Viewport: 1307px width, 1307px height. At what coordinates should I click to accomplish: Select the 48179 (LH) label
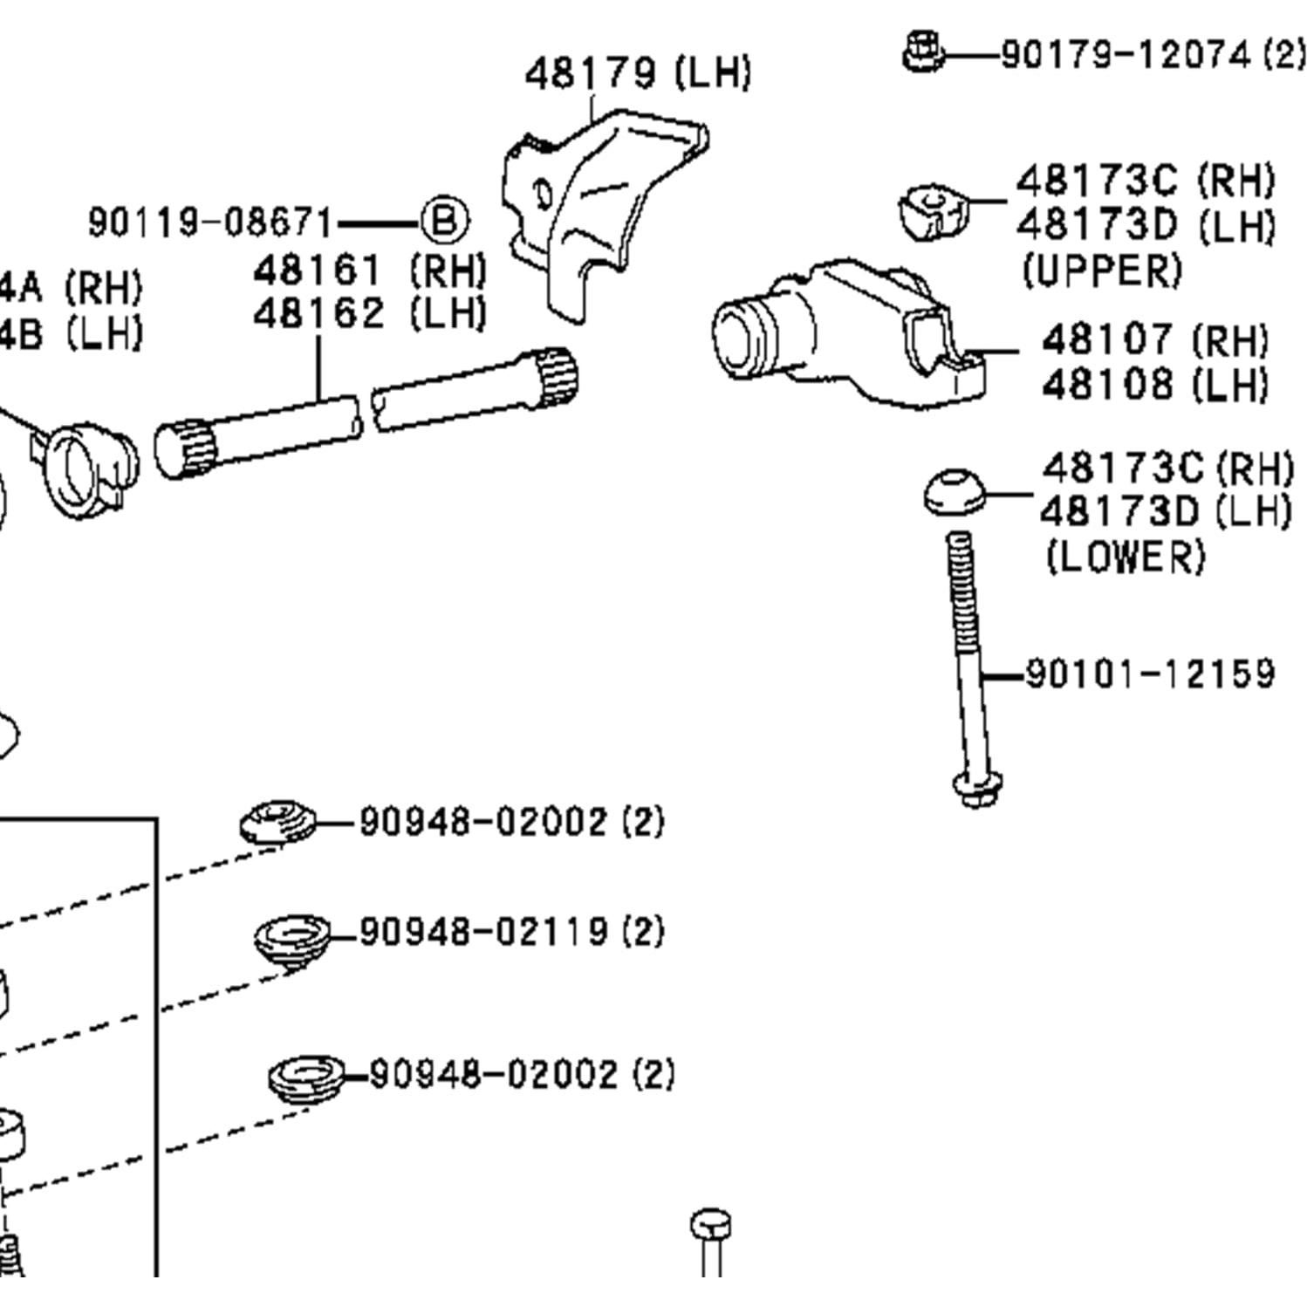click(x=637, y=73)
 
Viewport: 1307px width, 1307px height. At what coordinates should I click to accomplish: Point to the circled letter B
click(x=444, y=221)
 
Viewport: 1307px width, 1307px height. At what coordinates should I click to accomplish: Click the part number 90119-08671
click(x=211, y=222)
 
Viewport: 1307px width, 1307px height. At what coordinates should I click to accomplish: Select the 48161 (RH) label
click(x=369, y=271)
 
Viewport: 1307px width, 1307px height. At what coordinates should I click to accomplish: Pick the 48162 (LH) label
click(x=369, y=313)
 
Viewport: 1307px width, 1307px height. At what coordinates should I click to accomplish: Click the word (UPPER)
click(x=1101, y=270)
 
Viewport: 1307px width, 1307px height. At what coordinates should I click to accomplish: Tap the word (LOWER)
click(x=1125, y=557)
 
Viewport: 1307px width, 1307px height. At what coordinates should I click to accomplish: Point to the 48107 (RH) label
click(x=1154, y=340)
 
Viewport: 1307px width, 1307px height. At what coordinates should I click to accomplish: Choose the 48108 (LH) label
click(x=1154, y=384)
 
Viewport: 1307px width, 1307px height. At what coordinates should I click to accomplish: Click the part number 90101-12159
click(x=1149, y=674)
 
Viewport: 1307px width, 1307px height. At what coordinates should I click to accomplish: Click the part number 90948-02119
click(x=483, y=932)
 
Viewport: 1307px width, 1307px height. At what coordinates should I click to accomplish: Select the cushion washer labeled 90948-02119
click(x=292, y=938)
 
